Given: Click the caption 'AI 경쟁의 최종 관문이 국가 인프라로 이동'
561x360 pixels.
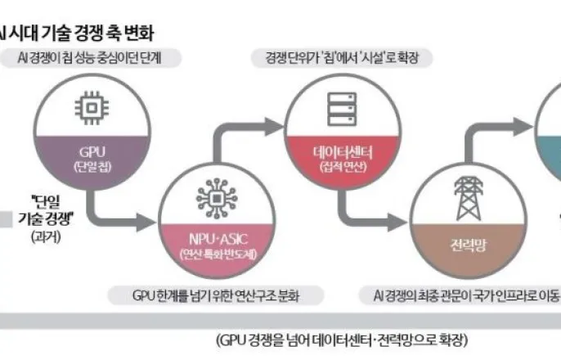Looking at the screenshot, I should tap(458, 293).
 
